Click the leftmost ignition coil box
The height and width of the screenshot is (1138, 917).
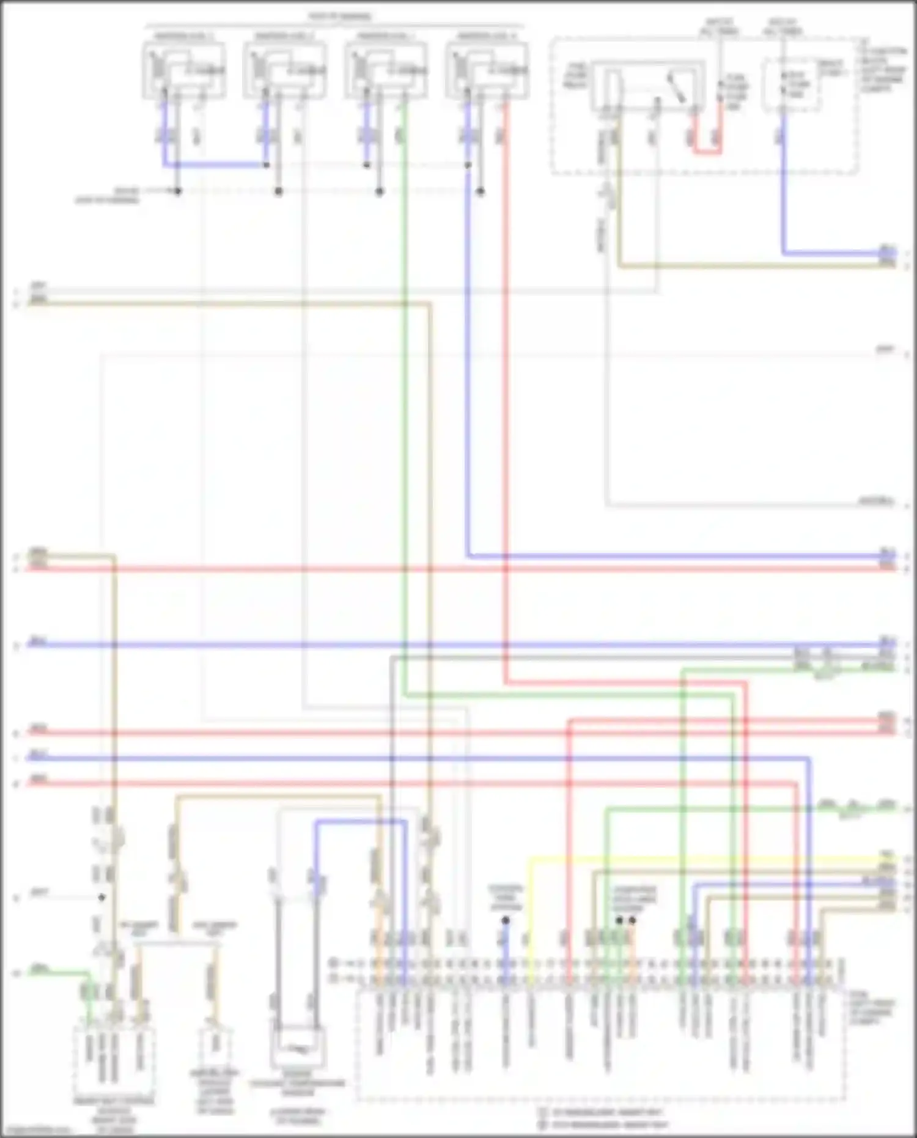tap(184, 70)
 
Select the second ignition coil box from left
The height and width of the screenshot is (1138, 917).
tap(285, 70)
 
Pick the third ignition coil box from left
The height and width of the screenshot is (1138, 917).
tap(386, 70)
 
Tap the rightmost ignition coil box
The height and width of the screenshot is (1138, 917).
tap(487, 70)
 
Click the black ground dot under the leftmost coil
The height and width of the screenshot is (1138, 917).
tap(178, 191)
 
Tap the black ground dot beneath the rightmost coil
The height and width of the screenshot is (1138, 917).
tap(481, 191)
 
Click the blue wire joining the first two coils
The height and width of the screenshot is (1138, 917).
tap(214, 165)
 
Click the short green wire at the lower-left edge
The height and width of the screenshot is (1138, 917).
tap(61, 972)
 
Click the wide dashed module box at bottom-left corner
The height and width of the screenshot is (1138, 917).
tap(114, 1061)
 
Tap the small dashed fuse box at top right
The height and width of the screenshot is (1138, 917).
tap(792, 86)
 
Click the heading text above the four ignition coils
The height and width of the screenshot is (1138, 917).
tap(340, 17)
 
